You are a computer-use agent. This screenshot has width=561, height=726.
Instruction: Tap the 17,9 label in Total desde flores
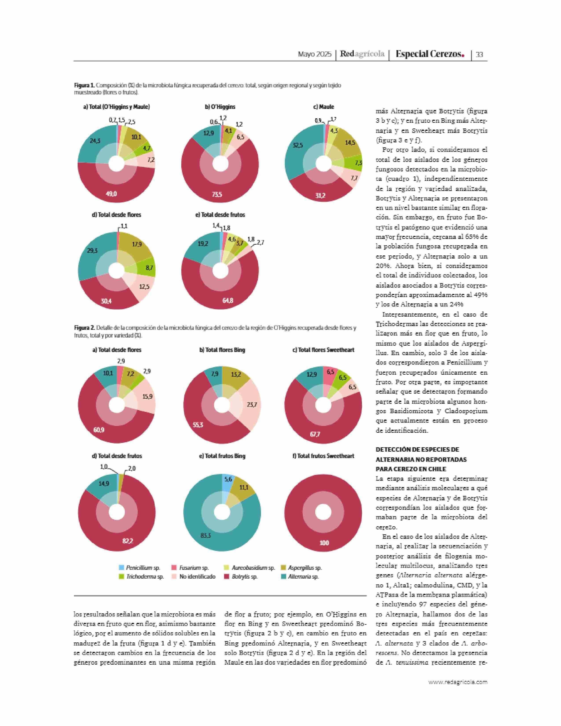click(137, 245)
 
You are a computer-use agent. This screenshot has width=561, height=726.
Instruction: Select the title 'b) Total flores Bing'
click(222, 350)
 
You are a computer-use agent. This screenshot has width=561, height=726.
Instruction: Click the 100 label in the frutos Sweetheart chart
click(324, 543)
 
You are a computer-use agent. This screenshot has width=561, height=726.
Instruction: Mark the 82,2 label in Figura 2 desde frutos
click(128, 541)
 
